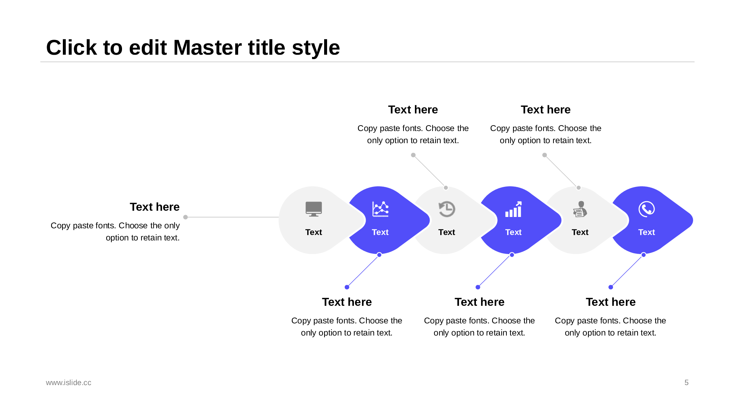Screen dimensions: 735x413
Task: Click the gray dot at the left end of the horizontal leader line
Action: tap(186, 217)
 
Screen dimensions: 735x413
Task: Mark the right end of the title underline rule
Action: tap(694, 62)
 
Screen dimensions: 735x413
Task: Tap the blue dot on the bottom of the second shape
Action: tap(379, 255)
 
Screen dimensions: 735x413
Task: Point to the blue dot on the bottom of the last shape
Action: tap(643, 255)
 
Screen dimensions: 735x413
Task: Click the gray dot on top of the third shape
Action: tap(446, 188)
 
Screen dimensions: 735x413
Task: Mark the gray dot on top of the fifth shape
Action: tap(578, 188)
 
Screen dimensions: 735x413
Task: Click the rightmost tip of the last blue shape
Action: tap(693, 220)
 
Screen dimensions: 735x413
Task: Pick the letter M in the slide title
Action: tap(185, 48)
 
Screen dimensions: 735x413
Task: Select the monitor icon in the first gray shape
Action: tap(313, 209)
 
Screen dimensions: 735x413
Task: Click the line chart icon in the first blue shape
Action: tap(380, 209)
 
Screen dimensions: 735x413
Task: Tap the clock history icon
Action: tap(447, 209)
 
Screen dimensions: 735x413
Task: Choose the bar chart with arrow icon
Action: tap(513, 209)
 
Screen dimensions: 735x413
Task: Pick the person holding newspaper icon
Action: tap(580, 209)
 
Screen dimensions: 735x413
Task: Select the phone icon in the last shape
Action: tap(647, 209)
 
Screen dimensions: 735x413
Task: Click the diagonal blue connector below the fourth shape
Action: tap(495, 271)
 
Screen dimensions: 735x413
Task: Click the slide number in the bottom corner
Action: tap(686, 383)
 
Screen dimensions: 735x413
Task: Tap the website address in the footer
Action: tap(69, 383)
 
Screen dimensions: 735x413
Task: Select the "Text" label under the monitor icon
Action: tap(313, 232)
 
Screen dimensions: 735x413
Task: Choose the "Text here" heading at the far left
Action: tap(155, 207)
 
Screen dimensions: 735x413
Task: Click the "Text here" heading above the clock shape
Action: tap(413, 109)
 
